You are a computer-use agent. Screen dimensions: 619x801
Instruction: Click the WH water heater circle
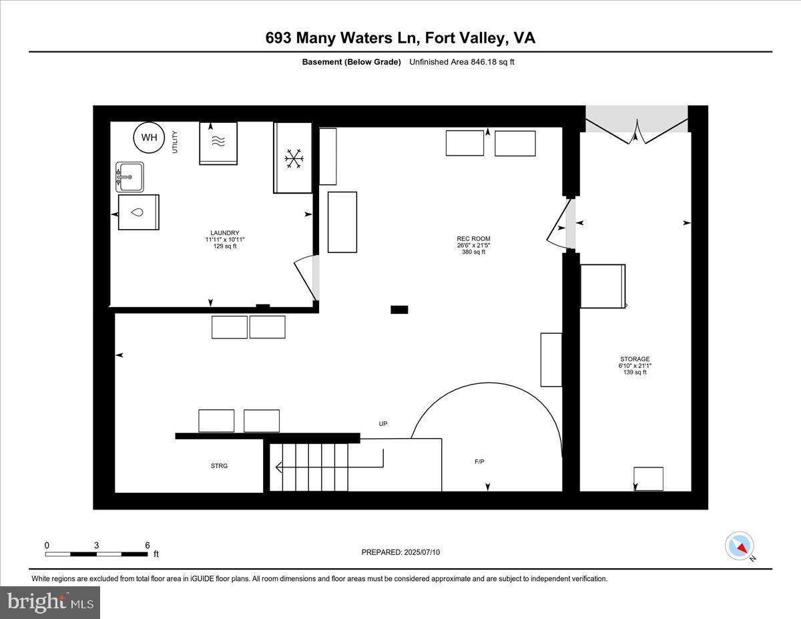[x=149, y=138]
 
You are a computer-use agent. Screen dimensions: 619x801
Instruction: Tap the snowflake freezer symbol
[x=294, y=159]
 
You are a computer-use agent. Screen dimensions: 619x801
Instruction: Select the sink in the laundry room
[x=129, y=177]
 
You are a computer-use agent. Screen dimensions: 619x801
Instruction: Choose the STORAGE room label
[x=633, y=359]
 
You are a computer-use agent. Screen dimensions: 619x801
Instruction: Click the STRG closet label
[x=219, y=466]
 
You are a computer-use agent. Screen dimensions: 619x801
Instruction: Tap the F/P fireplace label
[x=480, y=461]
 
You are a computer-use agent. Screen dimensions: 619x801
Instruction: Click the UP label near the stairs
[x=382, y=424]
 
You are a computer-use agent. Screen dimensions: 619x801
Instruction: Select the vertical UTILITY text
[x=175, y=142]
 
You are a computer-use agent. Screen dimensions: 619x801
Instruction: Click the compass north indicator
[x=740, y=546]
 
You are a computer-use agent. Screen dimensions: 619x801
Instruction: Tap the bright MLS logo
[x=51, y=602]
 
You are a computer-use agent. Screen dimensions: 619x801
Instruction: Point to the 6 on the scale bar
[x=148, y=545]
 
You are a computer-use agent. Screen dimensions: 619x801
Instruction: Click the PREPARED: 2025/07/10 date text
[x=400, y=552]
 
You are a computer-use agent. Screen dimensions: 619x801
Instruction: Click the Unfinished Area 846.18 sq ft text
[x=461, y=62]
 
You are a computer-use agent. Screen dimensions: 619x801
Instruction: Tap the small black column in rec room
[x=399, y=309]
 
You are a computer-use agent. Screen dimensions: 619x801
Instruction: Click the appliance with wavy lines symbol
[x=218, y=143]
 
